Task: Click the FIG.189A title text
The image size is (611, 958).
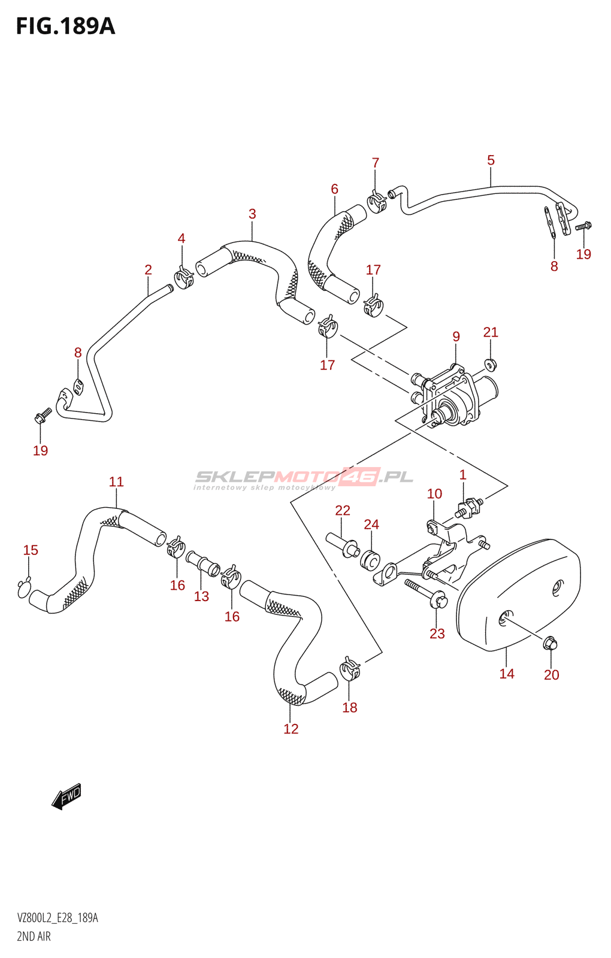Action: pyautogui.click(x=65, y=26)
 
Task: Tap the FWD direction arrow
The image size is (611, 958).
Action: pyautogui.click(x=66, y=796)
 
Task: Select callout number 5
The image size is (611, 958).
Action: pyautogui.click(x=491, y=160)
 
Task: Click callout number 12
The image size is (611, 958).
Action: pyautogui.click(x=291, y=729)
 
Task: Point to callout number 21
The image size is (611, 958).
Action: pyautogui.click(x=491, y=332)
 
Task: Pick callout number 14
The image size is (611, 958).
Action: pyautogui.click(x=507, y=674)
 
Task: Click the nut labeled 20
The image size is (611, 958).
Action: pyautogui.click(x=550, y=643)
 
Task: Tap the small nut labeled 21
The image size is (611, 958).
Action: pyautogui.click(x=491, y=365)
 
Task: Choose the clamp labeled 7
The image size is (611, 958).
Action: pyautogui.click(x=377, y=201)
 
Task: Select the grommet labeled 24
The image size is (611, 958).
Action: pyautogui.click(x=370, y=560)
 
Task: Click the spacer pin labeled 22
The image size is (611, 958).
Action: pyautogui.click(x=342, y=544)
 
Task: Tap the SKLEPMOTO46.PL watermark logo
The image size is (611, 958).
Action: pyautogui.click(x=304, y=479)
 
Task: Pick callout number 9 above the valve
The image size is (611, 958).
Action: pyautogui.click(x=456, y=336)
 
